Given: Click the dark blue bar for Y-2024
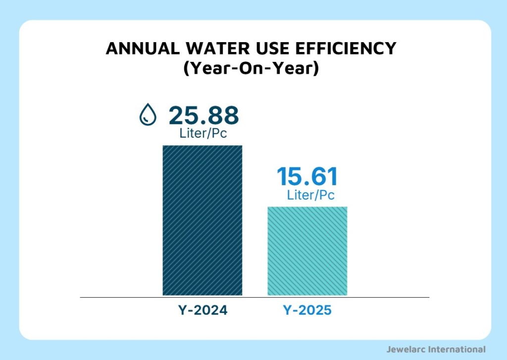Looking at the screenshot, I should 203,220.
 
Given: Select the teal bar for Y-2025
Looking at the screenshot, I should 307,251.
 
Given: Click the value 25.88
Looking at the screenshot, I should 203,115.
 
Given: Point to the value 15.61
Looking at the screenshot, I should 307,177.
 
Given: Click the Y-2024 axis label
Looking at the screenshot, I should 203,311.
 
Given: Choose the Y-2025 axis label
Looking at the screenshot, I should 307,311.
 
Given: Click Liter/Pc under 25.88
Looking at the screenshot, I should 203,133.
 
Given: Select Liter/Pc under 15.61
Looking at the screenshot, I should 310,195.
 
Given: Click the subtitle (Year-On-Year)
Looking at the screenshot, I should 251,68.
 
